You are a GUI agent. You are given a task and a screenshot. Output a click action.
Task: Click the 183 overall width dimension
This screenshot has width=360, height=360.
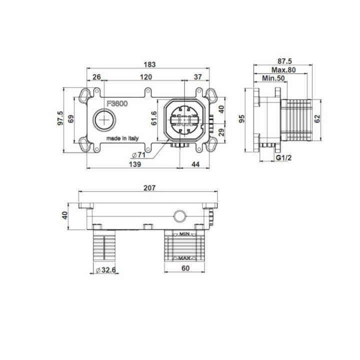149,64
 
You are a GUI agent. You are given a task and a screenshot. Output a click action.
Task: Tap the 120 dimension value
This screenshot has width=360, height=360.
146,77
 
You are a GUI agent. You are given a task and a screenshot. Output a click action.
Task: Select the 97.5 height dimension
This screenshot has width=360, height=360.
60,118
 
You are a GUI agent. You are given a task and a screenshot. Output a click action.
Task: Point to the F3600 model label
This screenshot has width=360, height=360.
117,104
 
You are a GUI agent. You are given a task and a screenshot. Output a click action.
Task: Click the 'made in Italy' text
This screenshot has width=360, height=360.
122,138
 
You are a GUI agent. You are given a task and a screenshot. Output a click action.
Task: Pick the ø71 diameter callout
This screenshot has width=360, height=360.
138,155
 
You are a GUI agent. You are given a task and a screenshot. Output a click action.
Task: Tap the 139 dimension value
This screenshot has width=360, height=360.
135,164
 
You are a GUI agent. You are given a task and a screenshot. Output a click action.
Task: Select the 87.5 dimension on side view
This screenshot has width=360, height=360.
284,61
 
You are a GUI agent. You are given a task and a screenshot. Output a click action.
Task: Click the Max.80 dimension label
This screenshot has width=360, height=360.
283,70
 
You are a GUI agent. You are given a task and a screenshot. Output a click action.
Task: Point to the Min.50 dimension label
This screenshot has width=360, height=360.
273,78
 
